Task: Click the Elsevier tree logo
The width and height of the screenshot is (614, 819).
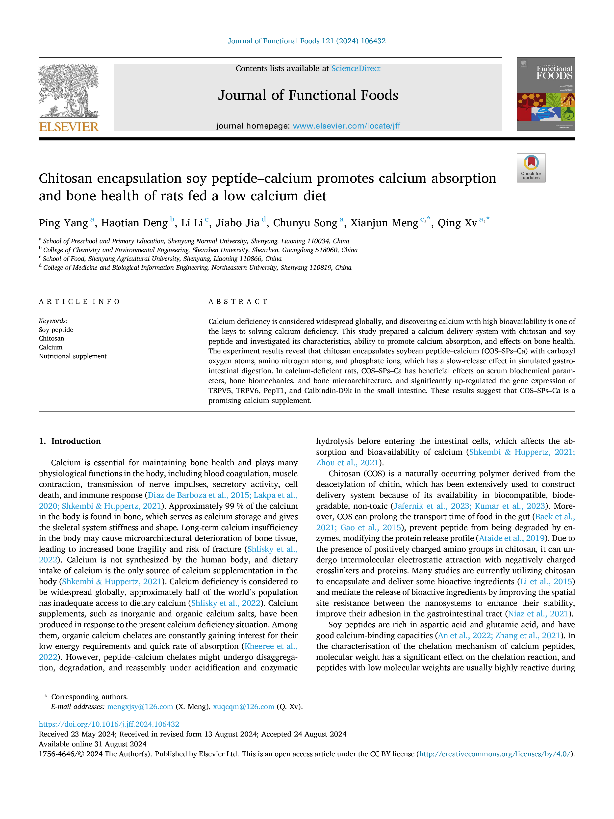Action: (x=69, y=91)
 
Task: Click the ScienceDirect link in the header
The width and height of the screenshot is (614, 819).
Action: (x=356, y=69)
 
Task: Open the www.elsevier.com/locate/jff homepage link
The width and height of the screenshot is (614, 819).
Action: (x=346, y=126)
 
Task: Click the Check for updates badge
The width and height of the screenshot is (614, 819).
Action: (x=531, y=168)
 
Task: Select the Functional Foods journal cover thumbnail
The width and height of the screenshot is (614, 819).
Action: (x=546, y=94)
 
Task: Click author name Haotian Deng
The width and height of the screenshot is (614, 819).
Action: (x=134, y=223)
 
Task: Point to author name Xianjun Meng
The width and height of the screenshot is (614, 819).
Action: (x=384, y=223)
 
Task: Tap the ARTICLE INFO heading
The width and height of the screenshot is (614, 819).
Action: (x=79, y=302)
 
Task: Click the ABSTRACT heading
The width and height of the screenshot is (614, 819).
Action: (x=238, y=302)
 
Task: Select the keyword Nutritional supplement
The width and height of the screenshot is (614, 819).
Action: (x=73, y=356)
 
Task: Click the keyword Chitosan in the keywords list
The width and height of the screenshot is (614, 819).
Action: (x=51, y=338)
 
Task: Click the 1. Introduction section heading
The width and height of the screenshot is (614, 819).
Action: (x=70, y=441)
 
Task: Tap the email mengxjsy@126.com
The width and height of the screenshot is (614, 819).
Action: (x=140, y=707)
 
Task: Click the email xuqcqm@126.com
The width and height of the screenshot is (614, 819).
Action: (x=244, y=707)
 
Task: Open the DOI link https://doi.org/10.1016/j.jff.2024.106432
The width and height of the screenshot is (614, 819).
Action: (x=109, y=724)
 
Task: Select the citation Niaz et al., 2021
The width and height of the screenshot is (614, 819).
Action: (x=538, y=614)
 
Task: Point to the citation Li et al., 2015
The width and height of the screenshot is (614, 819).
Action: (x=546, y=582)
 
